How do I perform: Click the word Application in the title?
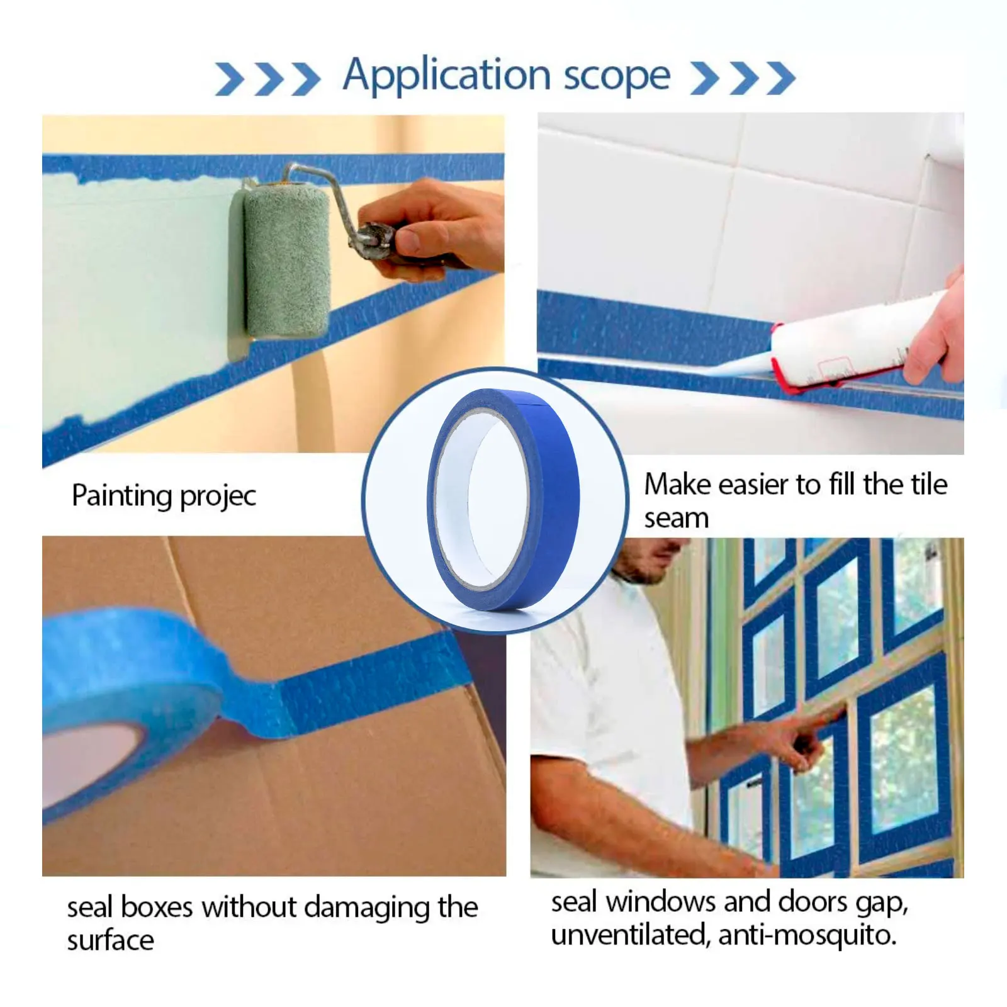[x=447, y=76]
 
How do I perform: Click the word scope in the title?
[x=616, y=77]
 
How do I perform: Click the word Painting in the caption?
[x=122, y=495]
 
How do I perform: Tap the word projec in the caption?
[x=218, y=497]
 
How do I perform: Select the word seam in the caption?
[x=676, y=519]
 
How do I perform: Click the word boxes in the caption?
[x=157, y=908]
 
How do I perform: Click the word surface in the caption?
[x=110, y=941]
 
